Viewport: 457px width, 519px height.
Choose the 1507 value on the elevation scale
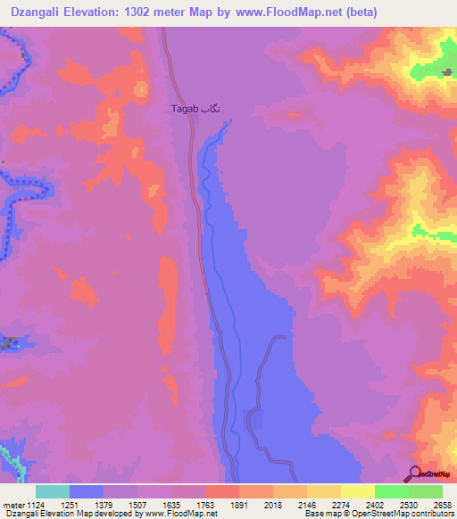137,504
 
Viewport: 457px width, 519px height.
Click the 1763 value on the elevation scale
205,504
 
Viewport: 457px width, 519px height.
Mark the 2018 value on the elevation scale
273,504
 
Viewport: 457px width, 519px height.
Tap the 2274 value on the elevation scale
341,504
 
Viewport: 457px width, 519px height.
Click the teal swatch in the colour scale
53,491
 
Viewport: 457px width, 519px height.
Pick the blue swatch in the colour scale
87,491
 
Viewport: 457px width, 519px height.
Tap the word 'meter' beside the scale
12,504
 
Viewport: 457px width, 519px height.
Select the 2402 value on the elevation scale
375,504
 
